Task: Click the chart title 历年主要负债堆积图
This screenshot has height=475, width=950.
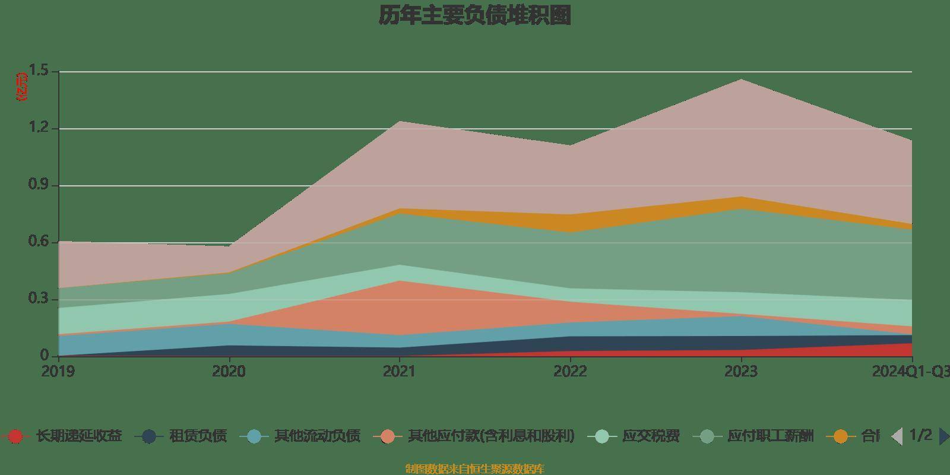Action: [475, 16]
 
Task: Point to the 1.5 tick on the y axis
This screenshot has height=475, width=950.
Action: [39, 72]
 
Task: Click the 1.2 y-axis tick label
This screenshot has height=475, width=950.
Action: [39, 129]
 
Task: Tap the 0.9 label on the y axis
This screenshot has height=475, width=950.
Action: [39, 185]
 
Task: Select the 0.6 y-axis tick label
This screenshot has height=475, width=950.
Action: [39, 242]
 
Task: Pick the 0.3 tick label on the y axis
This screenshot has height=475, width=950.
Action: [39, 299]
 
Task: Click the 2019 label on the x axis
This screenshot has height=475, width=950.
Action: [58, 372]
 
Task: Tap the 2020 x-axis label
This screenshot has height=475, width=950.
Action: [229, 372]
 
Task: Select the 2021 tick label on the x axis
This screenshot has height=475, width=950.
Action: [400, 372]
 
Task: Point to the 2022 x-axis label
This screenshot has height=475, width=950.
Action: [570, 372]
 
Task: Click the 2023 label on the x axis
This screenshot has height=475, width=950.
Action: [741, 372]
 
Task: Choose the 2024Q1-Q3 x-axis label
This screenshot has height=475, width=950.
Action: [910, 372]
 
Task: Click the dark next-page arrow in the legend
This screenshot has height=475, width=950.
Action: [943, 436]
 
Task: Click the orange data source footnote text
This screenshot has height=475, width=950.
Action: [474, 469]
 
